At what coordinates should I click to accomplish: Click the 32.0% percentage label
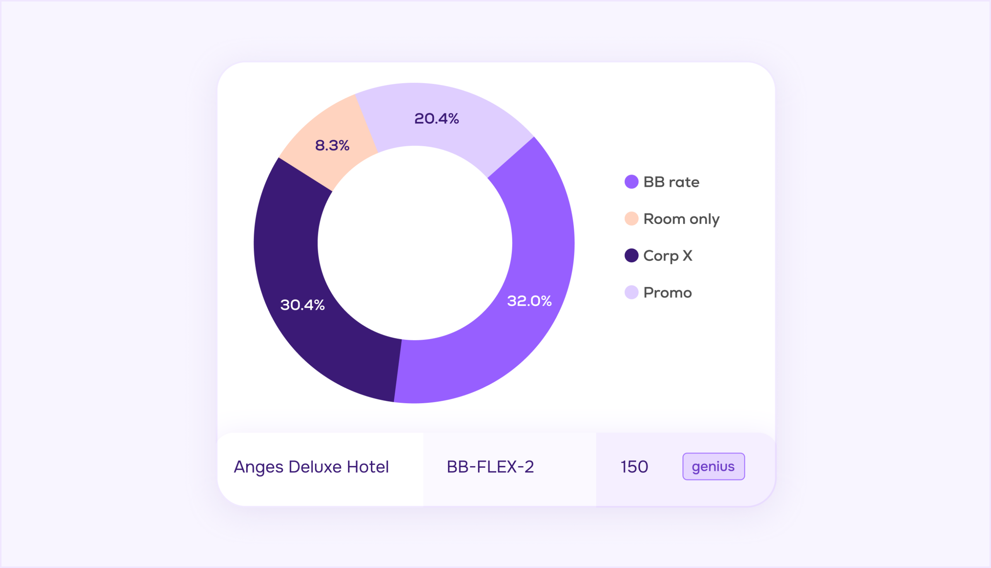(529, 301)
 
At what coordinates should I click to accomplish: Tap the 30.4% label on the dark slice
(302, 305)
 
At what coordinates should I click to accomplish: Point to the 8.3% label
(332, 145)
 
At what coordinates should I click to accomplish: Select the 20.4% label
(436, 119)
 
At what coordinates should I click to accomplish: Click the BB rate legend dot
(631, 182)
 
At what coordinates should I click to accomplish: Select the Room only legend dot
(631, 219)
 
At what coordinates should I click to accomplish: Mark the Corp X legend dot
(631, 255)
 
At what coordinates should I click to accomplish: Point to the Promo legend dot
(631, 293)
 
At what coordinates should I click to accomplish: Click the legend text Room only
(681, 219)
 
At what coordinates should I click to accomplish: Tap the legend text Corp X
(667, 256)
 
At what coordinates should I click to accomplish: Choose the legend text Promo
(667, 293)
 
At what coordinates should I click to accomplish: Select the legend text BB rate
(671, 182)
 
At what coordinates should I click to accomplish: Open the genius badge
(713, 467)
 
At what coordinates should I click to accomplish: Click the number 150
(634, 467)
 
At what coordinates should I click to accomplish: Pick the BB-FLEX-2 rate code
(490, 467)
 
